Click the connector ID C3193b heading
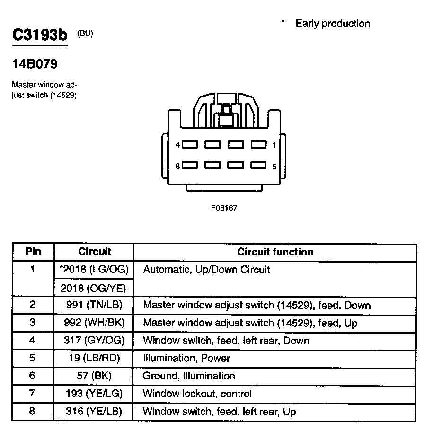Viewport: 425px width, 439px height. click(x=40, y=35)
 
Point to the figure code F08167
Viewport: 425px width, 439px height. click(x=224, y=208)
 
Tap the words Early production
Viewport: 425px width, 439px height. click(x=332, y=24)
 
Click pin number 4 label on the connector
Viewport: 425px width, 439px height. click(x=177, y=145)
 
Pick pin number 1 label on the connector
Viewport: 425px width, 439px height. click(x=274, y=145)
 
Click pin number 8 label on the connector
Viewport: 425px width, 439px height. click(x=177, y=166)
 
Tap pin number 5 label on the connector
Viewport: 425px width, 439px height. click(x=274, y=167)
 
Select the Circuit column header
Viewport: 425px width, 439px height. click(x=95, y=252)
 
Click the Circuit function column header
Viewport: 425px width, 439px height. click(x=275, y=252)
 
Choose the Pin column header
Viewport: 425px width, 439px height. click(x=33, y=252)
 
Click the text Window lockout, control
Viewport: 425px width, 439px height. click(x=197, y=394)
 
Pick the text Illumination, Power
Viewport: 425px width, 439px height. click(x=186, y=358)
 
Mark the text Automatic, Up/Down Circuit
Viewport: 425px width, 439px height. click(x=206, y=270)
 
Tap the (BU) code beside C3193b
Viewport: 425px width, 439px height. click(x=85, y=34)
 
